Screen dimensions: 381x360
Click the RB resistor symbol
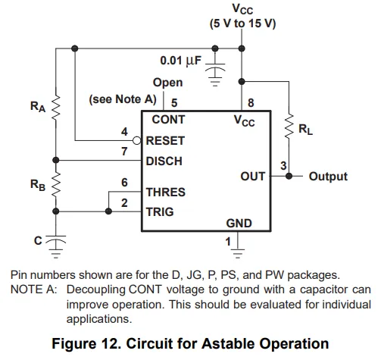click(x=56, y=185)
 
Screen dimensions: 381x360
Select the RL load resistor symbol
click(x=289, y=126)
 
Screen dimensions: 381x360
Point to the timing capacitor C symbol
click(x=56, y=239)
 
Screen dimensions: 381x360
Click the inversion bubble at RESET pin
click(x=137, y=140)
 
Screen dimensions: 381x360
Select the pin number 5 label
click(x=174, y=103)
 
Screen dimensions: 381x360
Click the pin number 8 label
click(x=251, y=103)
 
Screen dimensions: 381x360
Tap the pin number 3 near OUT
click(x=283, y=166)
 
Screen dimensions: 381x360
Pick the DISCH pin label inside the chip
click(x=164, y=161)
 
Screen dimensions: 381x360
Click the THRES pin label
click(x=166, y=193)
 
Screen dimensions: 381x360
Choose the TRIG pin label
click(x=160, y=212)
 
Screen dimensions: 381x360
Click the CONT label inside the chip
click(x=168, y=120)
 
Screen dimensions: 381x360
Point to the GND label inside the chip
click(x=239, y=224)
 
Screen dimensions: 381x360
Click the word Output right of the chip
click(x=328, y=177)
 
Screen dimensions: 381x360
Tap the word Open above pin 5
click(x=167, y=83)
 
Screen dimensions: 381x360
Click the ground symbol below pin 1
click(x=238, y=253)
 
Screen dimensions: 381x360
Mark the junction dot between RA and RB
click(x=56, y=160)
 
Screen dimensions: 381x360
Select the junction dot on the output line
click(x=289, y=176)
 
